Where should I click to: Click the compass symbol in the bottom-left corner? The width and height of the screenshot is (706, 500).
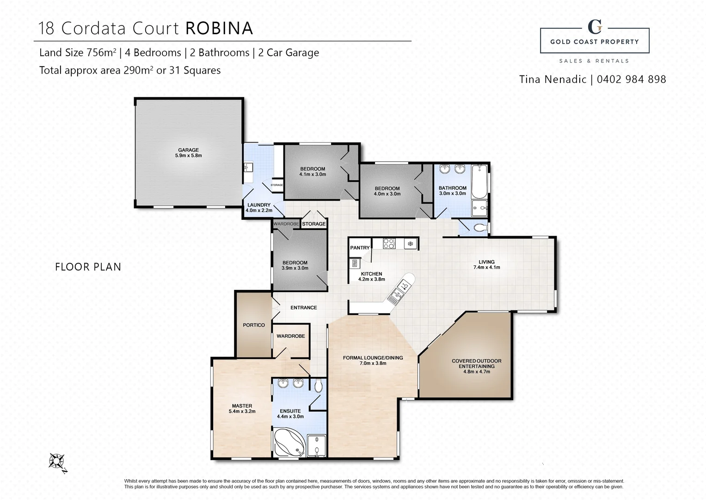click(58, 462)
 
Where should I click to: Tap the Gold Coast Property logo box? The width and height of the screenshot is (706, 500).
click(594, 40)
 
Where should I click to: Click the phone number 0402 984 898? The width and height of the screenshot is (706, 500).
click(631, 79)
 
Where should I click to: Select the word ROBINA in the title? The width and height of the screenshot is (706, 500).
click(219, 28)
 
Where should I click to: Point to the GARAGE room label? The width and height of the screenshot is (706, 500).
click(188, 150)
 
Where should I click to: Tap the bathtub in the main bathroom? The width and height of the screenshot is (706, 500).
click(479, 181)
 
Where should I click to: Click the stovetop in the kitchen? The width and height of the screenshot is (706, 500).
click(389, 243)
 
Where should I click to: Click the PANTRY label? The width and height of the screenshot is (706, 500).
click(360, 248)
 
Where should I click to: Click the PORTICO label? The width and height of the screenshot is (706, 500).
click(254, 325)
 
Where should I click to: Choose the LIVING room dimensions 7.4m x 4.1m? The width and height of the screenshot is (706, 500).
click(486, 268)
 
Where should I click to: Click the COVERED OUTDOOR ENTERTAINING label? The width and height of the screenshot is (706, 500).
click(476, 363)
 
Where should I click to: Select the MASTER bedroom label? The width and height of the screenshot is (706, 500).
click(242, 406)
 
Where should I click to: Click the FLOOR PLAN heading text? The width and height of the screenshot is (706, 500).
click(88, 267)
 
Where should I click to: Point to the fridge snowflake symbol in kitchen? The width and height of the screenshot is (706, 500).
click(410, 244)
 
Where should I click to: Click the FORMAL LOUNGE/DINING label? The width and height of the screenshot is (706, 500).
click(373, 357)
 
